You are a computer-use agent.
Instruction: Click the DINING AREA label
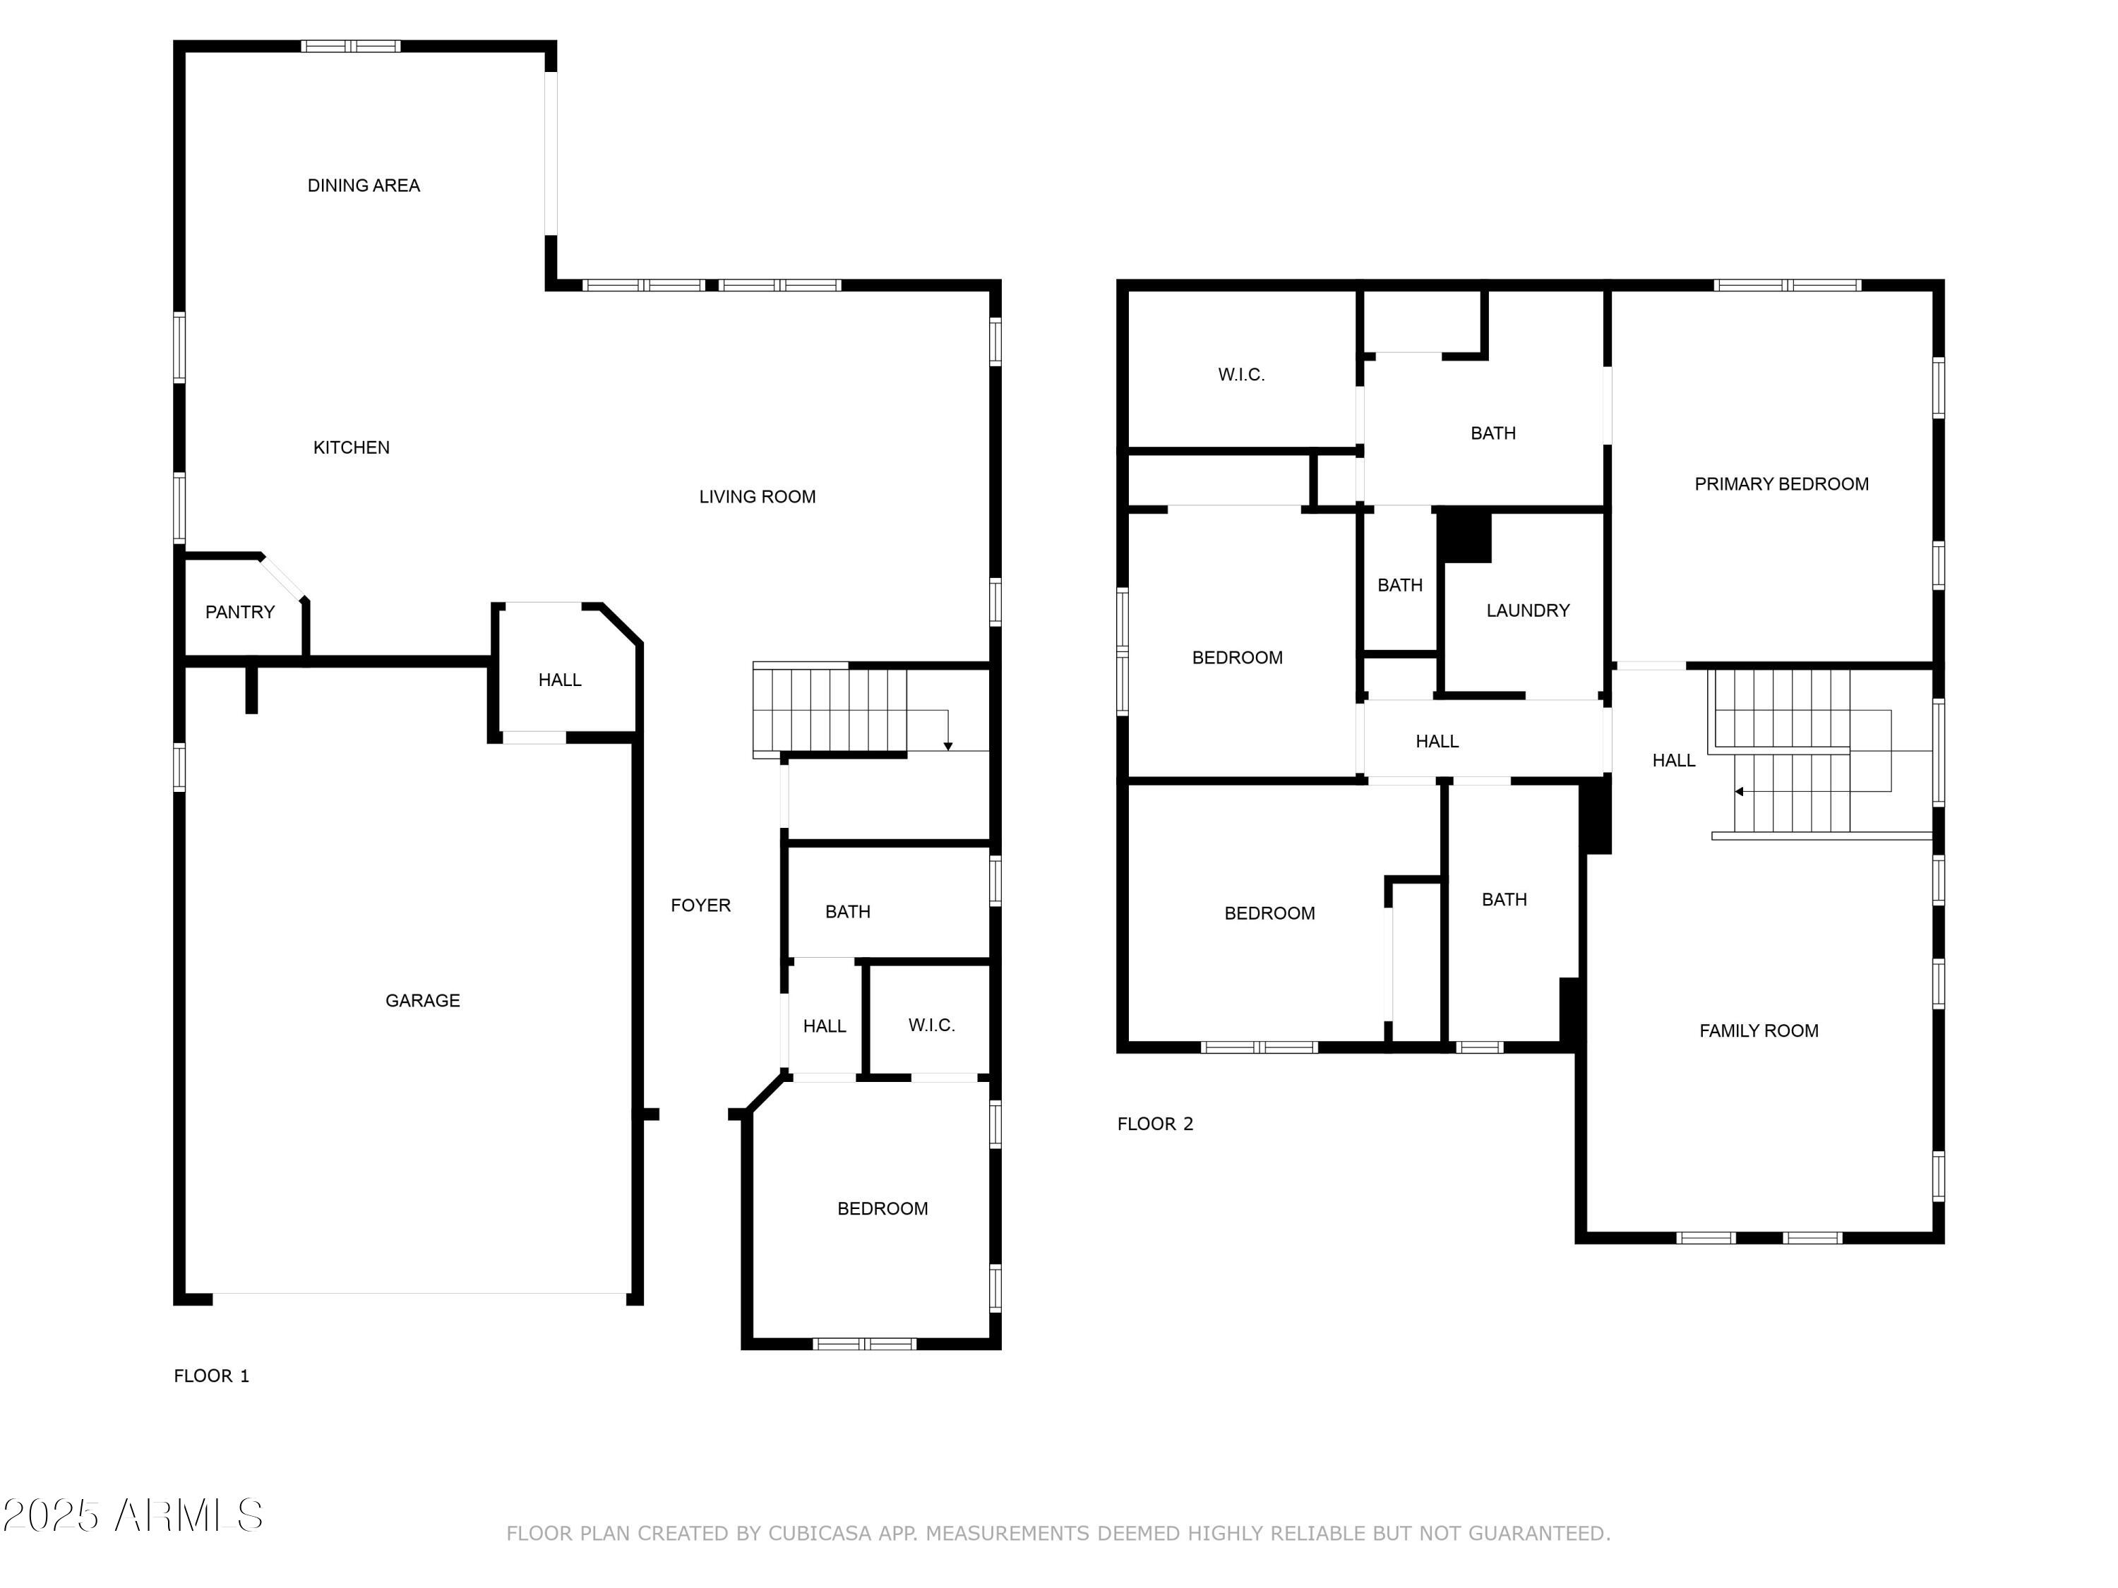pos(363,186)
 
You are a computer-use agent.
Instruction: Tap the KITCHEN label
pos(352,447)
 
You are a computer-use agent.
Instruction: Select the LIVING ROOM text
pos(758,497)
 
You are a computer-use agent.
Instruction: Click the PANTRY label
pos(240,612)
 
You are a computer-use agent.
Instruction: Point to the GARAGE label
pos(422,1000)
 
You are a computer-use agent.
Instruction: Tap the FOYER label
pos(701,906)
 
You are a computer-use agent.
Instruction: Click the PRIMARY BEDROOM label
pos(1782,484)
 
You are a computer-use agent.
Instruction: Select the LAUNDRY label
pos(1528,610)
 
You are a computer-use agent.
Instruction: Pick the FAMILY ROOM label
pos(1759,1031)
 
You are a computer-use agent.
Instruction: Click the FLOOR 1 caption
pos(212,1376)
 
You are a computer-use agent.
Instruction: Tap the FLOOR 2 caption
pos(1156,1124)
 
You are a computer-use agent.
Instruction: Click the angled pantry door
pos(283,577)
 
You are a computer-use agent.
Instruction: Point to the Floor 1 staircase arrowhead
pos(948,746)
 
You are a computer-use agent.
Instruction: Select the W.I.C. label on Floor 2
pos(1242,375)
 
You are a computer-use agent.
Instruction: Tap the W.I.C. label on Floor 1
pos(932,1025)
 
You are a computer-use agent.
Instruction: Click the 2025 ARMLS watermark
pos(133,1515)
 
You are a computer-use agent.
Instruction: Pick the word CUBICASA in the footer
pos(820,1534)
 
